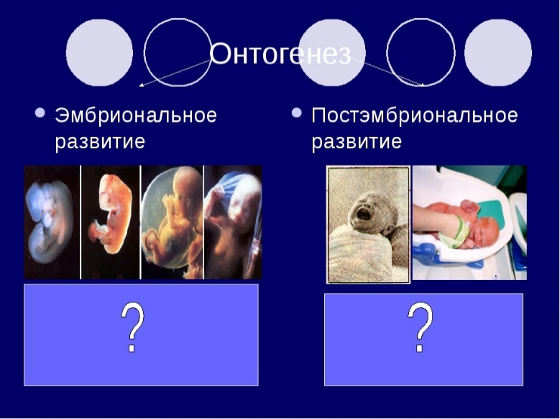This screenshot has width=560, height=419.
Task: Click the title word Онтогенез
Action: pyautogui.click(x=280, y=53)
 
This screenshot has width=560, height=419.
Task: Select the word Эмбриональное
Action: pyautogui.click(x=136, y=116)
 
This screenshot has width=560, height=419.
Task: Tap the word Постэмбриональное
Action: pyautogui.click(x=415, y=116)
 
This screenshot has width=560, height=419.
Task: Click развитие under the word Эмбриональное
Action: pyautogui.click(x=100, y=142)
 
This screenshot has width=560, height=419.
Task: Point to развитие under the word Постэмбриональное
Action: pyautogui.click(x=357, y=142)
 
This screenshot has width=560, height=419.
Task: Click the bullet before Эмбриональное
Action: pyautogui.click(x=40, y=113)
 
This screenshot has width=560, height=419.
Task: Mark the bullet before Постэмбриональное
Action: pyautogui.click(x=297, y=113)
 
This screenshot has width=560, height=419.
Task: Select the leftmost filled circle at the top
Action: pyautogui.click(x=99, y=53)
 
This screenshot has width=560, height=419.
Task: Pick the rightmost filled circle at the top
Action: pyautogui.click(x=498, y=53)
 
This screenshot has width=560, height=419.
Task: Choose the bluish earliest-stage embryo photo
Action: pyautogui.click(x=52, y=222)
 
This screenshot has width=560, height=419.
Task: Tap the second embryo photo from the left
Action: pyautogui.click(x=111, y=222)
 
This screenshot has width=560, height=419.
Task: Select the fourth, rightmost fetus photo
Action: pyautogui.click(x=233, y=222)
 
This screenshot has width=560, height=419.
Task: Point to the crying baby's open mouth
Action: pyautogui.click(x=364, y=215)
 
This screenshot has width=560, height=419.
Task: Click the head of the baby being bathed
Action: pyautogui.click(x=485, y=232)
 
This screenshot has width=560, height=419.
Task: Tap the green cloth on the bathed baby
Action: pyautogui.click(x=451, y=235)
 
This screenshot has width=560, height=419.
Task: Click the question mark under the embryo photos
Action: pyautogui.click(x=133, y=327)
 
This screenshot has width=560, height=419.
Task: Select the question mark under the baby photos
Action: pyautogui.click(x=420, y=327)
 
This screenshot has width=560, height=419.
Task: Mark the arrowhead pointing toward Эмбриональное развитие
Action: pyautogui.click(x=141, y=85)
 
